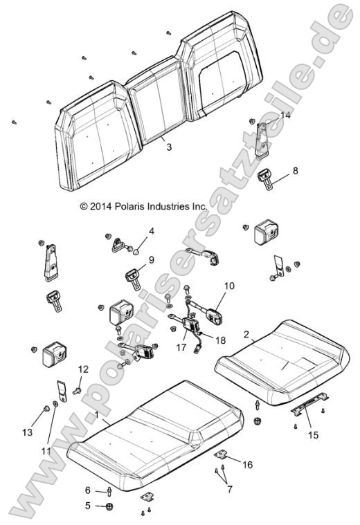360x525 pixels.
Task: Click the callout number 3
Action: point(169,147)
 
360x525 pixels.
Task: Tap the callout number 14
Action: point(285,116)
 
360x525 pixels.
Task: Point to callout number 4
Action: point(151,231)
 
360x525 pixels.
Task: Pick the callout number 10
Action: point(229,285)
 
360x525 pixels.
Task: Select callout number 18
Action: point(219,341)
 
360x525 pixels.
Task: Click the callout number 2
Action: point(246,334)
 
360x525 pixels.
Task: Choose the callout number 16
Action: point(248,466)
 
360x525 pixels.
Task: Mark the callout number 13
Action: point(27,432)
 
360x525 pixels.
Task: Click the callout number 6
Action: point(87,490)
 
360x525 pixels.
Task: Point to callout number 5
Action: point(87,506)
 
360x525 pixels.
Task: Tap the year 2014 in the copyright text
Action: point(102,206)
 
